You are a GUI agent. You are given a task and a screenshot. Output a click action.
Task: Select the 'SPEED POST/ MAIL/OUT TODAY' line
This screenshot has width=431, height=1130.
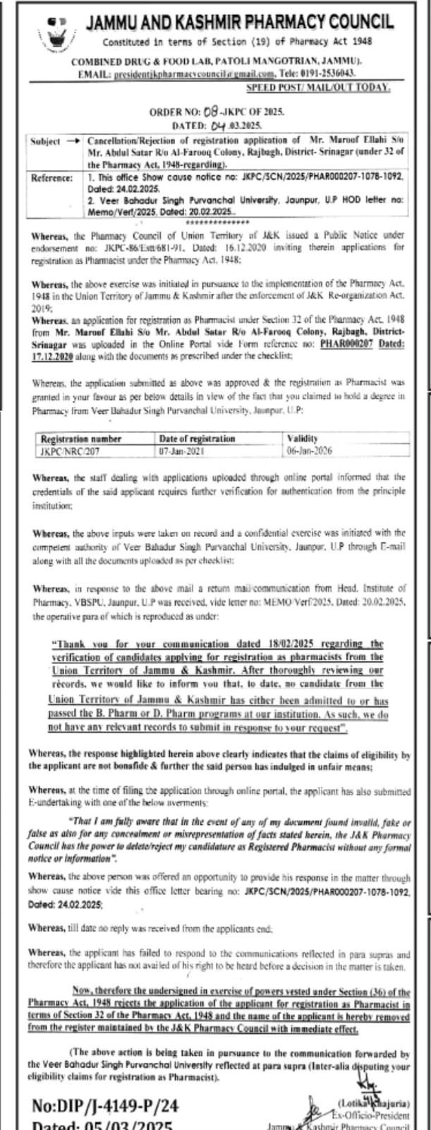(x=318, y=87)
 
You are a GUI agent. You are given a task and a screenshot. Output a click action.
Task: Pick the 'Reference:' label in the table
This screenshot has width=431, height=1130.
(x=52, y=178)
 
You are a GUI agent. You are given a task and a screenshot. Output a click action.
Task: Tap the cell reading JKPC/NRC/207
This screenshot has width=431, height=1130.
(x=66, y=450)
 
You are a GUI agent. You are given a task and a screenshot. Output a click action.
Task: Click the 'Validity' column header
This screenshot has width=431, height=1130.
(x=303, y=439)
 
